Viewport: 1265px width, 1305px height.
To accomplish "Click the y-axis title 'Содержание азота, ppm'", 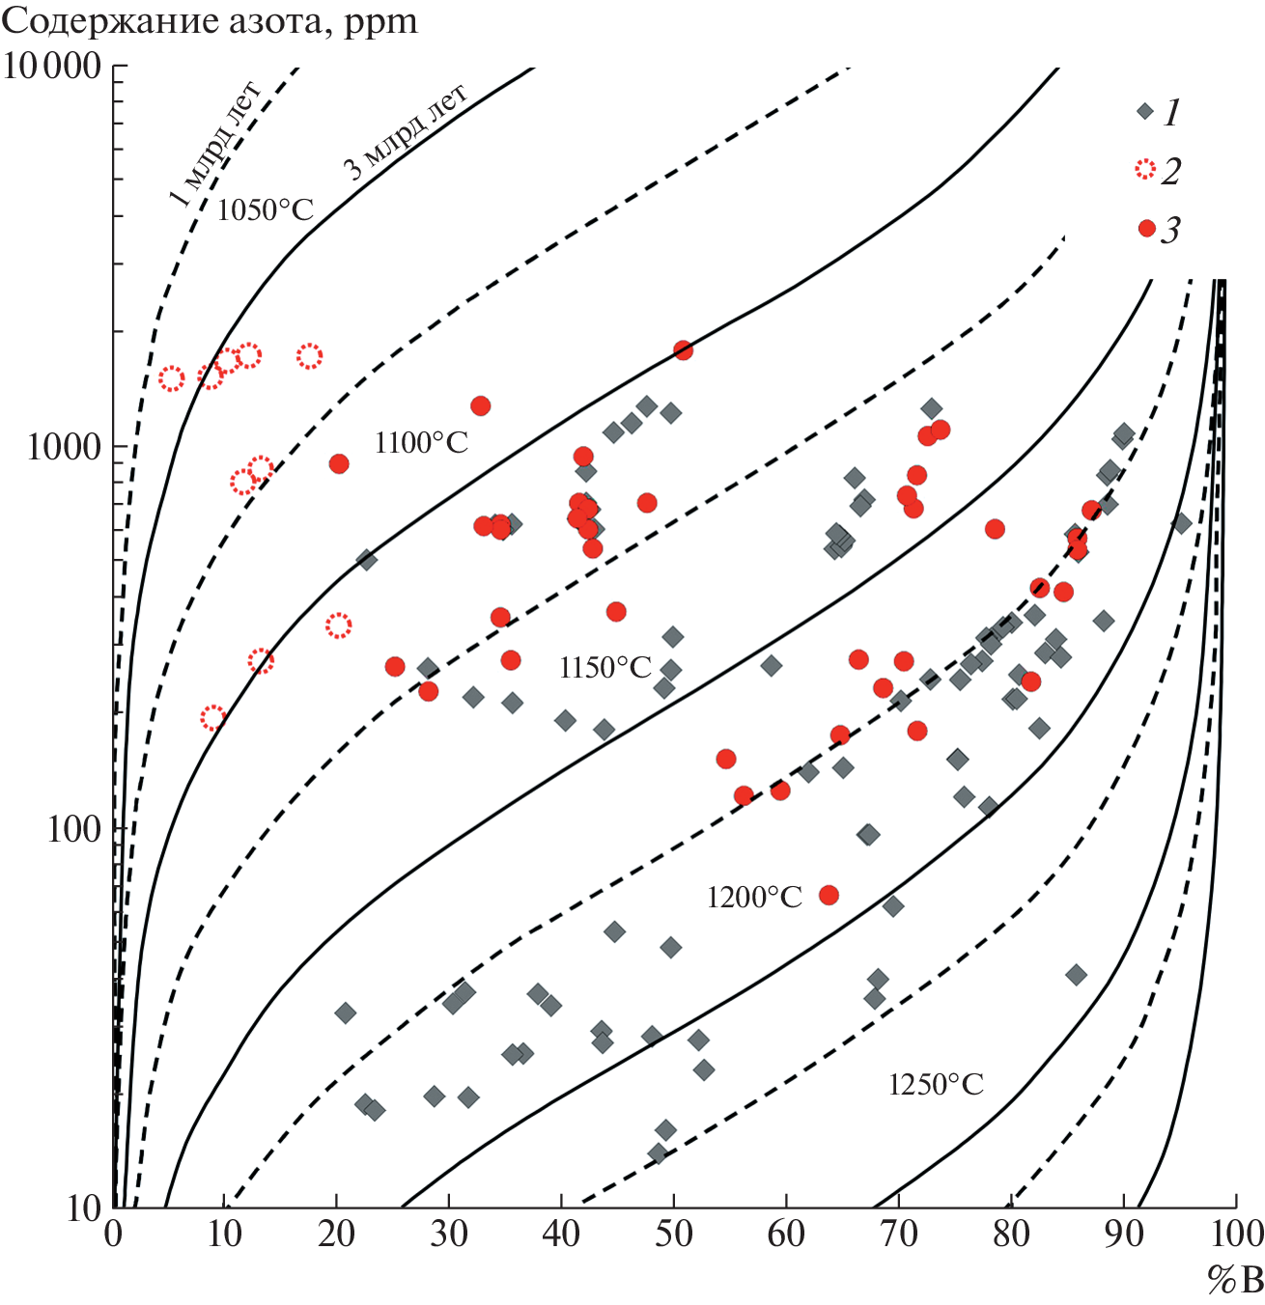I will (210, 21).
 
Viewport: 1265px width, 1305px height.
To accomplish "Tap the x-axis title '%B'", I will (1234, 1280).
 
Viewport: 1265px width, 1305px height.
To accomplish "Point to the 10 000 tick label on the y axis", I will (53, 68).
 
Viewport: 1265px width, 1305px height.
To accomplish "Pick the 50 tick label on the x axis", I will (673, 1235).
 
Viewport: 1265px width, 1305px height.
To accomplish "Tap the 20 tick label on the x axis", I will (336, 1235).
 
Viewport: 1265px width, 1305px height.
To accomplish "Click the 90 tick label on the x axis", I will (1122, 1235).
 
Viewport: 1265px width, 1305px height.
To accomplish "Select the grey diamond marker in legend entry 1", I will (1145, 111).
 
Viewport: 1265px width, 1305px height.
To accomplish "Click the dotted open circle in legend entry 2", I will (1145, 171).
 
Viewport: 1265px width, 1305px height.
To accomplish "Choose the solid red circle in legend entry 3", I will (1146, 229).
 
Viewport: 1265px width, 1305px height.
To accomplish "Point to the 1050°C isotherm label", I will (266, 209).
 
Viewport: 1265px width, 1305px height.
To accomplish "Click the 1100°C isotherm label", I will (421, 443).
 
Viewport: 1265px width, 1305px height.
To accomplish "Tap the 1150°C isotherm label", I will (605, 667).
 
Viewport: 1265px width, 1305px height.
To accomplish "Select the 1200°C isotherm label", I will (754, 898).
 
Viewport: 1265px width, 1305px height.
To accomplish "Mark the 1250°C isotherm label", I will (936, 1085).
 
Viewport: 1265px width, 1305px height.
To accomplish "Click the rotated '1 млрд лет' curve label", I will (214, 146).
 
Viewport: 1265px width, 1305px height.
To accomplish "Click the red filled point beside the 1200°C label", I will (829, 895).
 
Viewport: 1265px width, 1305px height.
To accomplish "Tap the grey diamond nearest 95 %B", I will (1181, 523).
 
